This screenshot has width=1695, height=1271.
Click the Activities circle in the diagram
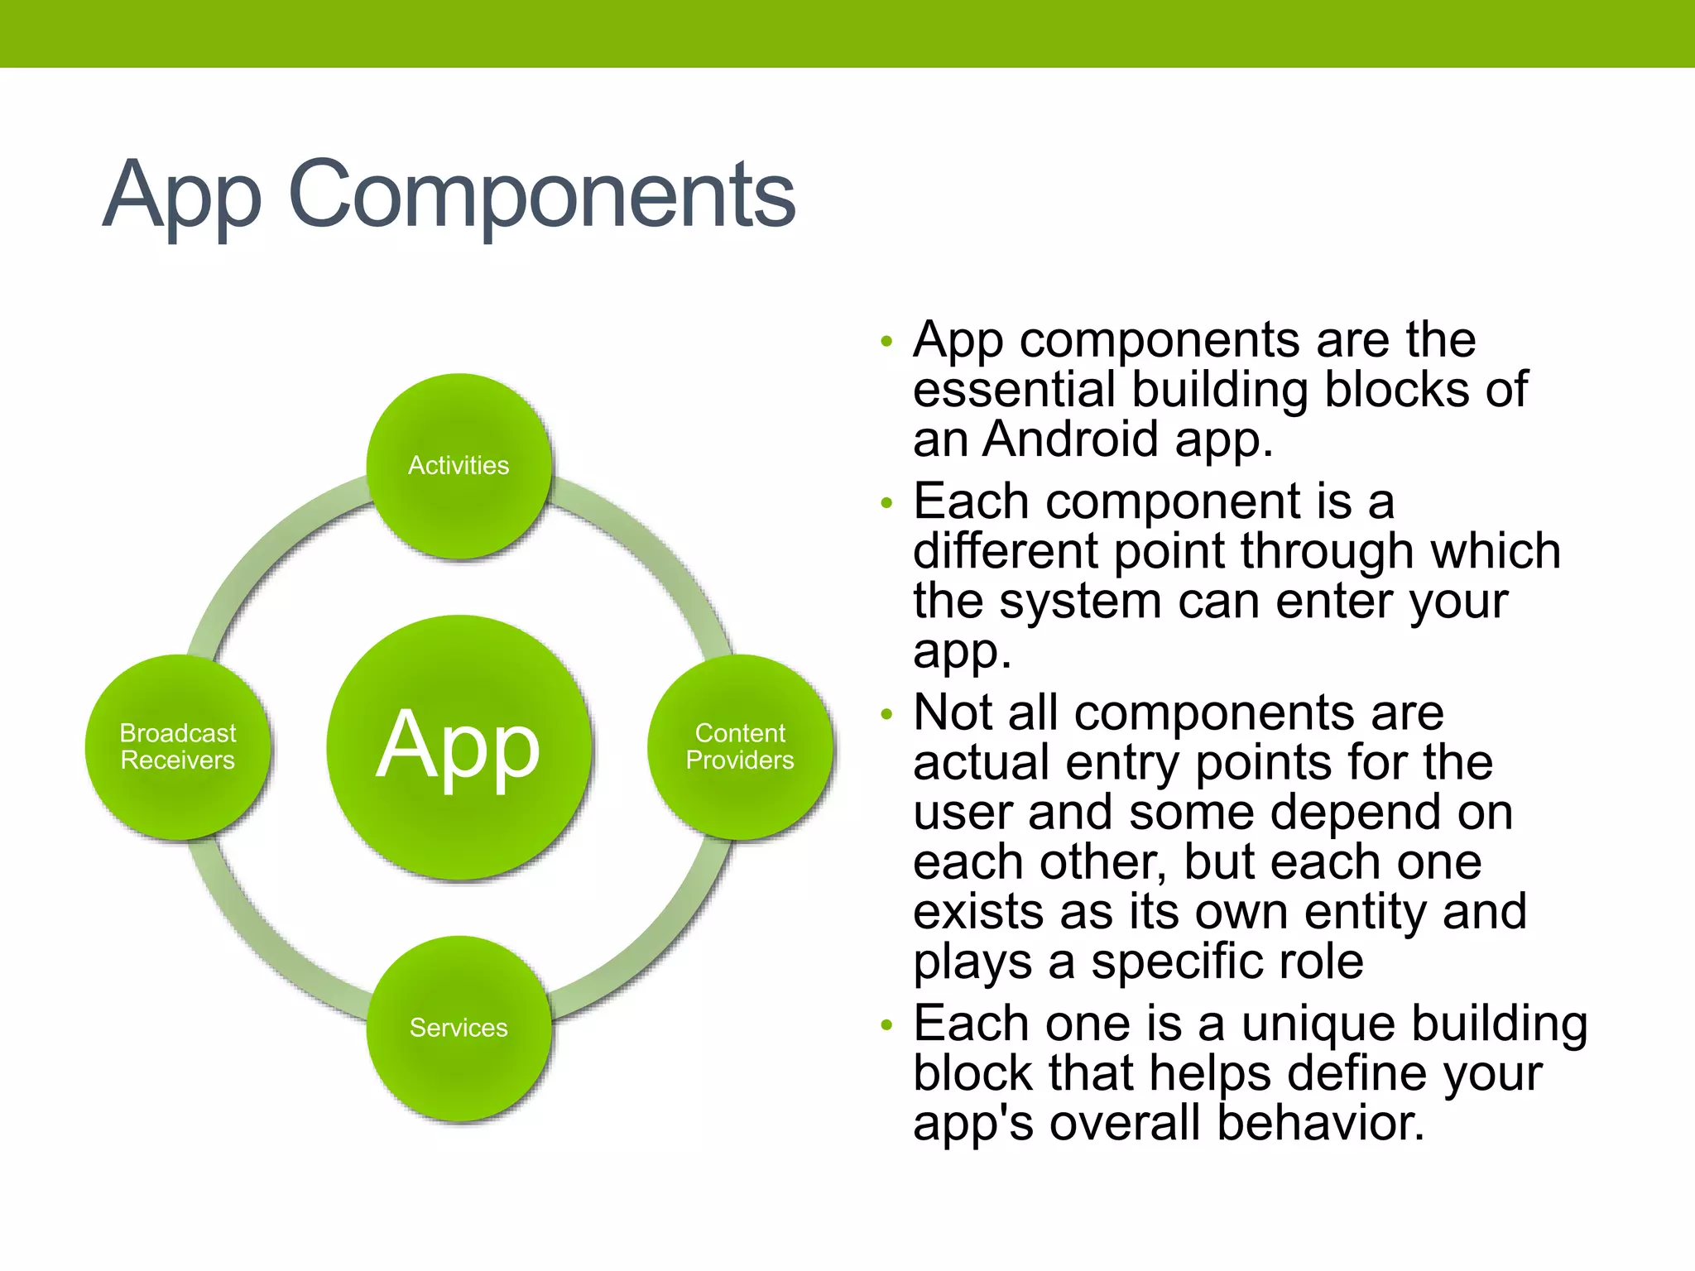coord(459,466)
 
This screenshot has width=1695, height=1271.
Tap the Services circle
coord(459,1028)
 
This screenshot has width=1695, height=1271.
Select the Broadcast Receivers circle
coord(177,746)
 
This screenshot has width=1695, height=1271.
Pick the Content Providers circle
coord(740,746)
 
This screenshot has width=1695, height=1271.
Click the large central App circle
coord(459,746)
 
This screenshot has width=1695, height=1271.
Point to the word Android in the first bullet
coord(1071,439)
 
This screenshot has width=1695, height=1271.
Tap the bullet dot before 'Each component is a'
coord(887,503)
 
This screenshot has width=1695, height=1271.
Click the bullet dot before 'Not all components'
coord(887,714)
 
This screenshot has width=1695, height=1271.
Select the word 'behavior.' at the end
coord(1321,1124)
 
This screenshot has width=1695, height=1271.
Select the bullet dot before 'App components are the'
coord(887,341)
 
